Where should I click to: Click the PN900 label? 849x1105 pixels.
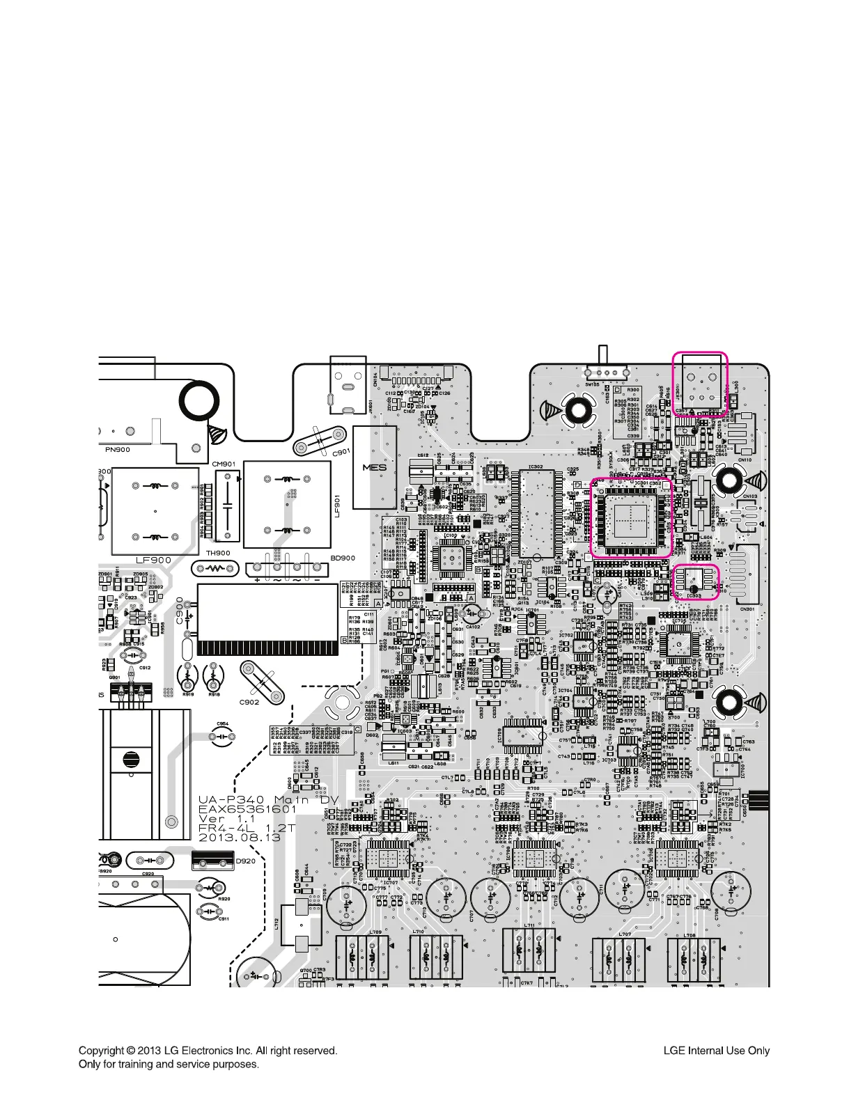pos(118,450)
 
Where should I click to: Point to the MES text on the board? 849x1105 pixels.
pos(374,468)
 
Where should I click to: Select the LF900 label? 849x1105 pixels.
pos(153,560)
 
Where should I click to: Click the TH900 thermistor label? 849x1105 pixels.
pos(217,554)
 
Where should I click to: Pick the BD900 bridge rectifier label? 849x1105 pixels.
pos(342,558)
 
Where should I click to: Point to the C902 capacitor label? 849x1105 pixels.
pos(249,702)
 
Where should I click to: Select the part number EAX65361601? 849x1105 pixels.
pos(247,809)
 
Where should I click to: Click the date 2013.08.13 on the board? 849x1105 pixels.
pos(240,838)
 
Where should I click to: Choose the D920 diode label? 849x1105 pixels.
pos(246,861)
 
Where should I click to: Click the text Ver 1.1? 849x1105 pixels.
pos(228,819)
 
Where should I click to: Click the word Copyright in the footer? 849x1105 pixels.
pos(102,1050)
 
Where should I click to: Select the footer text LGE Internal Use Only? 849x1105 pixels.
pos(716,1051)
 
